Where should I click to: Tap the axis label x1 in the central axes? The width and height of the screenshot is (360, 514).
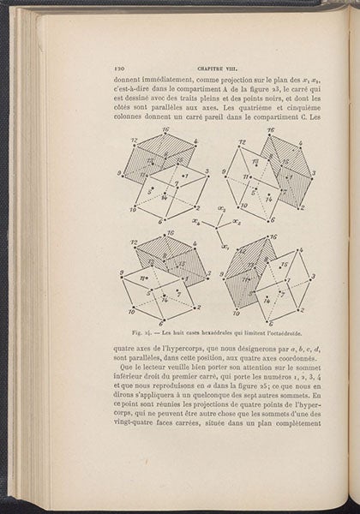point(225,246)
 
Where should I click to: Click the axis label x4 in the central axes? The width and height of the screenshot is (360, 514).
point(196,222)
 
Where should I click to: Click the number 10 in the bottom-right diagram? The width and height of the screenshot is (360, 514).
point(243,312)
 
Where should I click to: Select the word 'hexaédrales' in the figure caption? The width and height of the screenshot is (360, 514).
point(212,334)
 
